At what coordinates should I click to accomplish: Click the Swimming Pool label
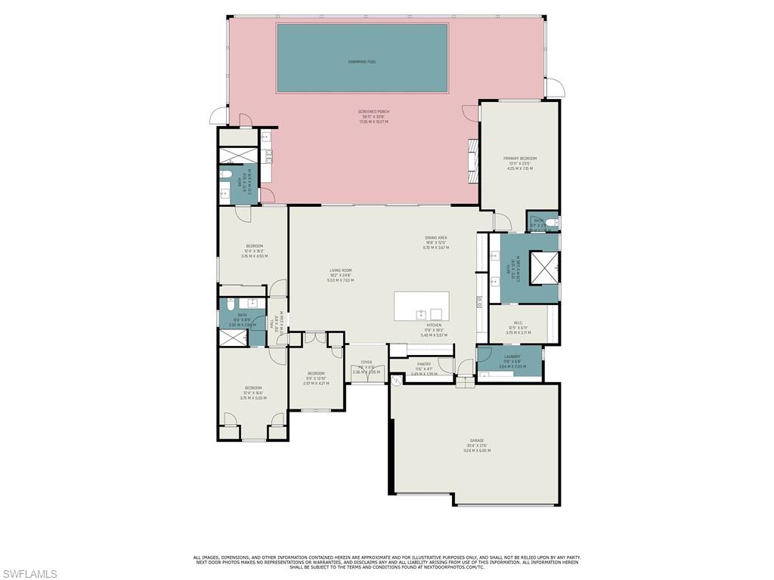[x=361, y=62]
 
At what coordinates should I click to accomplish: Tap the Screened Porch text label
[x=373, y=112]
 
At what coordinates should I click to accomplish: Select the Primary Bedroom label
[x=519, y=159]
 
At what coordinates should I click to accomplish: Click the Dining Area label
[x=435, y=238]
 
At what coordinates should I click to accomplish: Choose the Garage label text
[x=477, y=440]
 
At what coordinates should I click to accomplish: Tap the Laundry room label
[x=512, y=356]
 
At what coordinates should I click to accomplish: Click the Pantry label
[x=423, y=364]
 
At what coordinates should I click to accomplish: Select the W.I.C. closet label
[x=519, y=322]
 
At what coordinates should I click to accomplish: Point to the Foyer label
[x=367, y=362]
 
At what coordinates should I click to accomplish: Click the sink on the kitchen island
[x=420, y=313]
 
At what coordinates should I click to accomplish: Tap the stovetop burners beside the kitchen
[x=479, y=301]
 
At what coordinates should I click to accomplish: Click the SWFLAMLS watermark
[x=29, y=574]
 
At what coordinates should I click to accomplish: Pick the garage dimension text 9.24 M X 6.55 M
[x=477, y=451]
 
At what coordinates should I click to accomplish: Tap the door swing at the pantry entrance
[x=445, y=366]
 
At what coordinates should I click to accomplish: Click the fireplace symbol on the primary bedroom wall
[x=473, y=160]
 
